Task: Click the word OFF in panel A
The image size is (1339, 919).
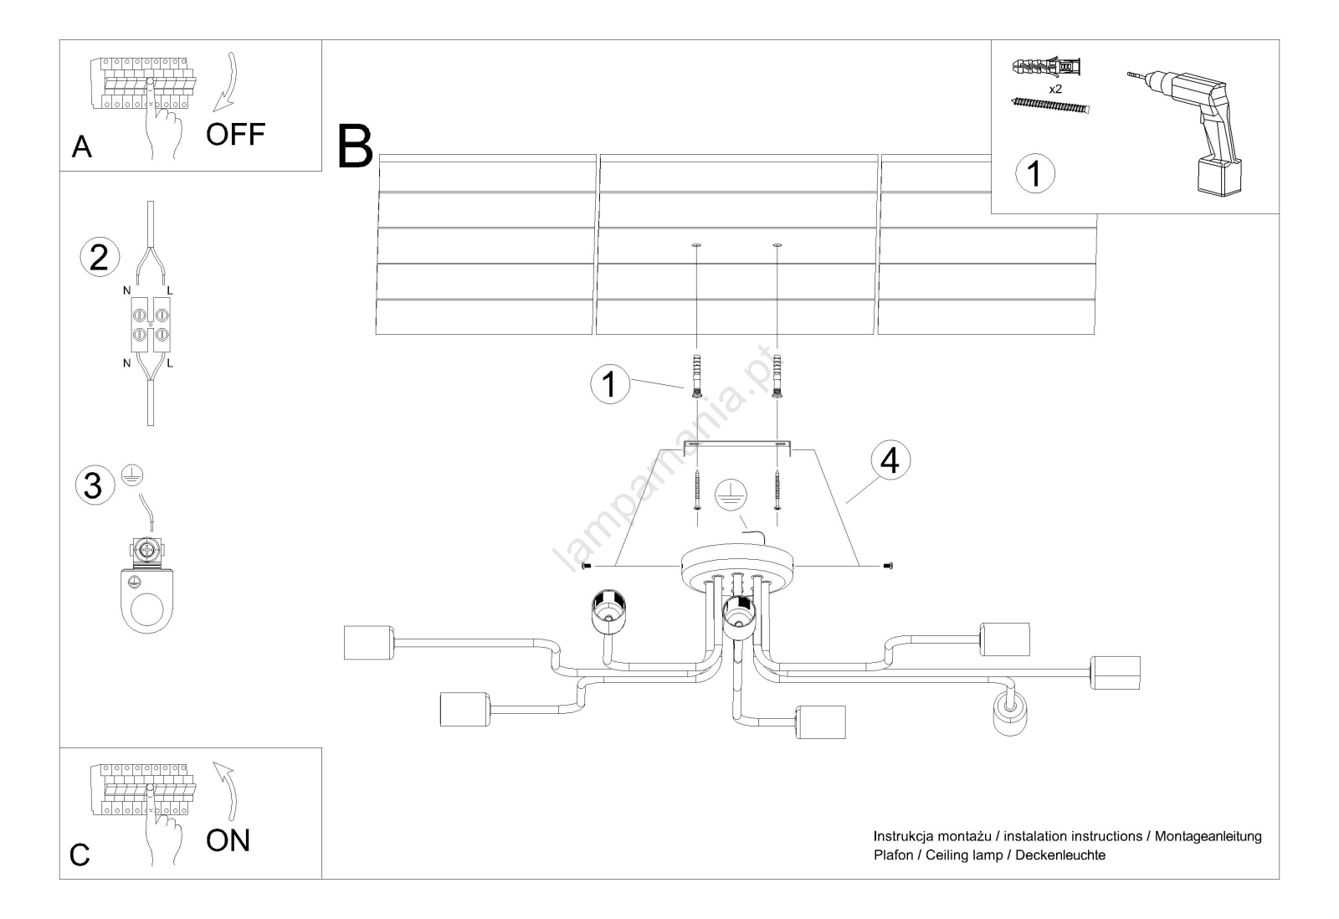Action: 235,134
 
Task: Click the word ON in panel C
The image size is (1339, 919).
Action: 228,840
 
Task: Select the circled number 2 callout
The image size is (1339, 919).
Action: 99,257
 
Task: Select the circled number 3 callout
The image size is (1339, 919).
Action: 93,485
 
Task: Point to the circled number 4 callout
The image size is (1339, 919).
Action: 890,459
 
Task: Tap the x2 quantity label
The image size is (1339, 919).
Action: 1055,88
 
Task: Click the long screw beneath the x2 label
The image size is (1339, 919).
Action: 1051,105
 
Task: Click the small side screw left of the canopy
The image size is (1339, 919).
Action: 586,567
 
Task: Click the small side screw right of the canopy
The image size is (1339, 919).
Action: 888,567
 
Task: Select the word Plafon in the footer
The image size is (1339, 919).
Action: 893,855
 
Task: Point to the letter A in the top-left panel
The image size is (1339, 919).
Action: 81,147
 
